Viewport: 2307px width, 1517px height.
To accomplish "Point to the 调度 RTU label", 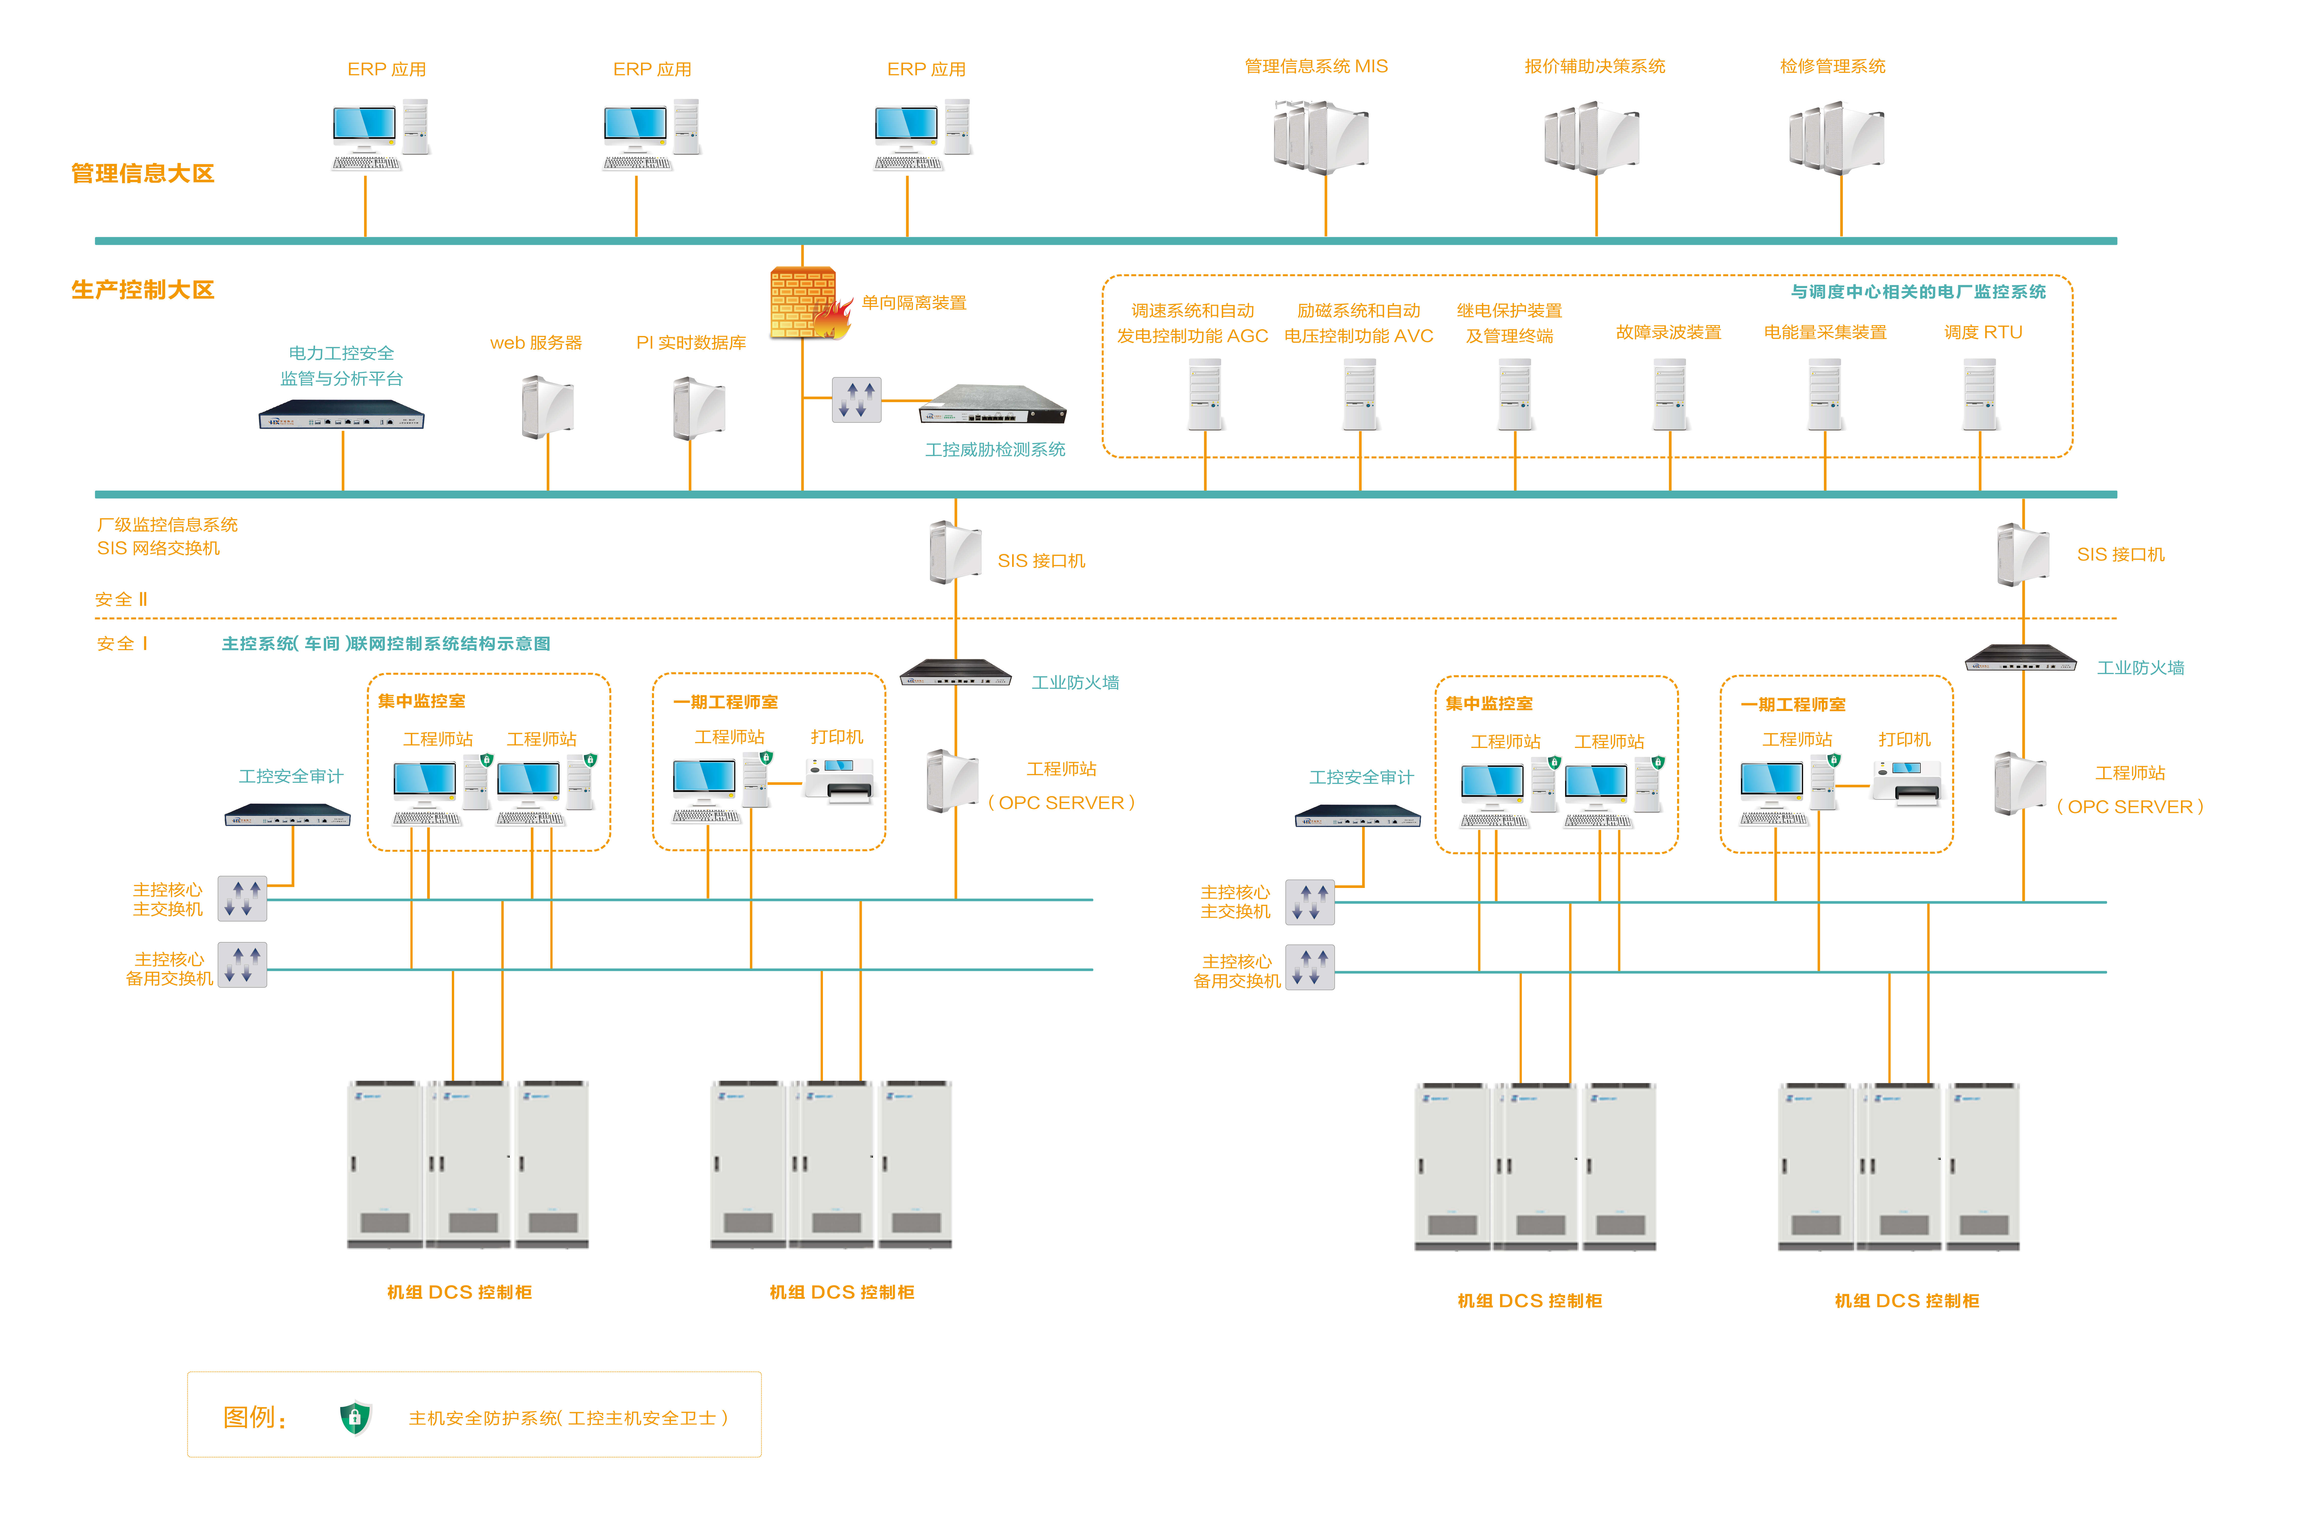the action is (1983, 333).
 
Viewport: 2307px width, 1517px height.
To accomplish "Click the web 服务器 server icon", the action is (548, 407).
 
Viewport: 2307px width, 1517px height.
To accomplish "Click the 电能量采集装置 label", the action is (1825, 333).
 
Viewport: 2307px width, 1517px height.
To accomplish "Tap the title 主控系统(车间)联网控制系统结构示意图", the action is (386, 644).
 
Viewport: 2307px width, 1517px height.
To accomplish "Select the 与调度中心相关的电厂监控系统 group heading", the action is (1918, 292).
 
